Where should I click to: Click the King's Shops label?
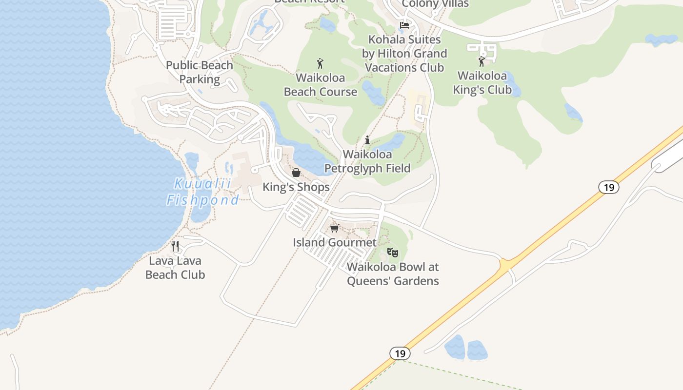296,187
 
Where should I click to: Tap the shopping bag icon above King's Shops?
296,173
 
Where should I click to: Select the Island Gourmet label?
335,242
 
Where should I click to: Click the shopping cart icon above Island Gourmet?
334,228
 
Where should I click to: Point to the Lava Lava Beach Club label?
175,268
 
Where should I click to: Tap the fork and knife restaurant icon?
176,246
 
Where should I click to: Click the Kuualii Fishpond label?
202,192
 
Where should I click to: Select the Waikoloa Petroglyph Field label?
367,161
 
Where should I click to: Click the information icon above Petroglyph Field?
367,140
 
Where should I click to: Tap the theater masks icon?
393,252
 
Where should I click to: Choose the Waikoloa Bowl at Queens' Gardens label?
393,274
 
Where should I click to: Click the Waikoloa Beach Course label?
321,85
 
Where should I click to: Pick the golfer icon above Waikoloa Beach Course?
320,63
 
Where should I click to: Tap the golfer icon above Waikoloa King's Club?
482,61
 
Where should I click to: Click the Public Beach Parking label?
200,72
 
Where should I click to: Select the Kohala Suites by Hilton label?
404,54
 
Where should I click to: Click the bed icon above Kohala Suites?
404,25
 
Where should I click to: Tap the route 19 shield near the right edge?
609,187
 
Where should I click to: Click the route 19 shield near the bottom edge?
400,353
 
